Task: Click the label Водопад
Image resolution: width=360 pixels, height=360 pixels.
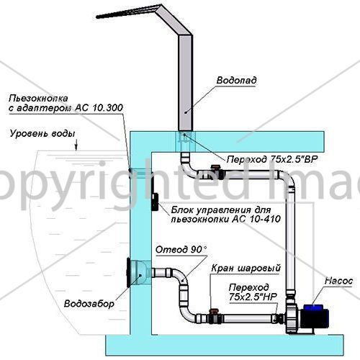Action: pyautogui.click(x=236, y=80)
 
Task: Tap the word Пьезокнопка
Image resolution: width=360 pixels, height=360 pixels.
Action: pyautogui.click(x=38, y=99)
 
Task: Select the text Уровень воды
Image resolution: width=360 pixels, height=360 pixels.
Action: pyautogui.click(x=42, y=133)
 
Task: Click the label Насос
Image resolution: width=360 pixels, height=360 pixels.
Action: pyautogui.click(x=338, y=281)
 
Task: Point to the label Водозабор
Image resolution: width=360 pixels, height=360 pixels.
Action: pyautogui.click(x=89, y=304)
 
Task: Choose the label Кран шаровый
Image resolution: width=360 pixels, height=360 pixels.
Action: pyautogui.click(x=246, y=268)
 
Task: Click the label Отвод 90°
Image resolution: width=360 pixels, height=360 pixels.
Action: pyautogui.click(x=181, y=250)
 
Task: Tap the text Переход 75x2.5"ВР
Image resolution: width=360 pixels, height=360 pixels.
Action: pyautogui.click(x=272, y=159)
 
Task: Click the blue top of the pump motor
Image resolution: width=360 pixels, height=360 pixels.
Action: pyautogui.click(x=314, y=307)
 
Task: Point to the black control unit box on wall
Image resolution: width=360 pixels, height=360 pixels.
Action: pyautogui.click(x=155, y=202)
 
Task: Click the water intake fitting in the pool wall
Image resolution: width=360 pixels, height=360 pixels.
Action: pyautogui.click(x=138, y=272)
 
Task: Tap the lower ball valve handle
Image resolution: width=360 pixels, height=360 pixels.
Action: pyautogui.click(x=213, y=311)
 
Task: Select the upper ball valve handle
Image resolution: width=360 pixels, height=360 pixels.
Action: pyautogui.click(x=214, y=167)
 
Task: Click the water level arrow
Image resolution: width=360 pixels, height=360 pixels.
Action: pyautogui.click(x=76, y=145)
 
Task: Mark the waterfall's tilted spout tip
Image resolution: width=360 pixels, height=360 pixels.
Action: pyautogui.click(x=96, y=17)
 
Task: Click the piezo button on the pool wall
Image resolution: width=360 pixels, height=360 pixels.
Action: pyautogui.click(x=130, y=170)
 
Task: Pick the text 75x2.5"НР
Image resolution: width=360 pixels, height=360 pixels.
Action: pyautogui.click(x=253, y=297)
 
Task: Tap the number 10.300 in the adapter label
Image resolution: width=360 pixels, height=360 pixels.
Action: pyautogui.click(x=107, y=108)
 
